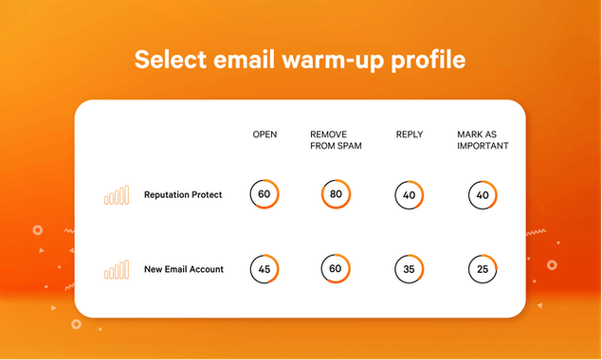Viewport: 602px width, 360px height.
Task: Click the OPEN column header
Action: [x=265, y=135]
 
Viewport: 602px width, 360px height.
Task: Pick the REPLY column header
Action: [x=409, y=135]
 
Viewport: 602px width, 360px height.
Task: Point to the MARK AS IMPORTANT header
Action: [x=483, y=140]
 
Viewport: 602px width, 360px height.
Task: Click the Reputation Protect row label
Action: [x=183, y=195]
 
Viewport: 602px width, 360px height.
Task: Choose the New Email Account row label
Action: [x=184, y=269]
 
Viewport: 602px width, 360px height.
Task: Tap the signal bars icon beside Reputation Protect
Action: [x=116, y=195]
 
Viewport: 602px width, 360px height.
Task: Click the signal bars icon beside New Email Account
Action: [x=116, y=269]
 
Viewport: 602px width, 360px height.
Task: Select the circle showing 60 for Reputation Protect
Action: [x=265, y=194]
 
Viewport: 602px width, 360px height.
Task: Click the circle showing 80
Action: [x=336, y=194]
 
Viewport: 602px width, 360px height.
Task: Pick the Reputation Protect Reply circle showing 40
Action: [x=409, y=195]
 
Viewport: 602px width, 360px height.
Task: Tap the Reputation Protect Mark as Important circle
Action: [x=483, y=195]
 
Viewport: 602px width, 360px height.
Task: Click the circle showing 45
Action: [x=265, y=268]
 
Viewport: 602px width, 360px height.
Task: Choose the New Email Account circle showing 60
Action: [x=336, y=268]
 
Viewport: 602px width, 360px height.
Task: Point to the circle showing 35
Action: [x=409, y=269]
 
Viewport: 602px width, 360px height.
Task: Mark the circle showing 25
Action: [x=483, y=269]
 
